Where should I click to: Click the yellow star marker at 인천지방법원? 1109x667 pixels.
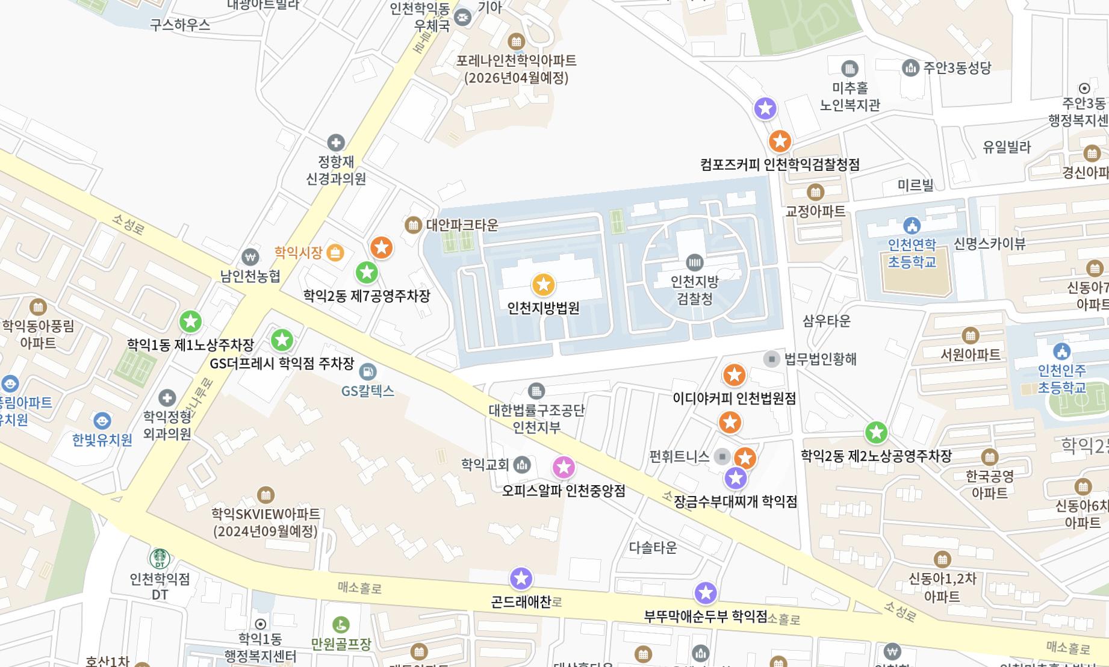[x=543, y=285]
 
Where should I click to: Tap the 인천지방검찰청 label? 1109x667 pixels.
[x=695, y=290]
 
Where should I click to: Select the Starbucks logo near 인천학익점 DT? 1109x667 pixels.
[x=160, y=558]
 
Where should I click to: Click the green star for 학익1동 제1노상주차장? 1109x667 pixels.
[x=191, y=321]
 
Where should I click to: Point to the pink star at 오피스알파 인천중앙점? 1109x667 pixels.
[x=564, y=467]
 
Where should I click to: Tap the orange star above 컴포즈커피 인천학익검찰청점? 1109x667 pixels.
[x=780, y=141]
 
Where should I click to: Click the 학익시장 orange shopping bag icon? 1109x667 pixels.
[x=335, y=253]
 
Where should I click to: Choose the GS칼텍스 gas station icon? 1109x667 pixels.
[x=367, y=371]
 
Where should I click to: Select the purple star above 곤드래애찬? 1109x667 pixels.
[x=521, y=579]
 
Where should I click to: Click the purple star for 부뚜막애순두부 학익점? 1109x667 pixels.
[x=706, y=593]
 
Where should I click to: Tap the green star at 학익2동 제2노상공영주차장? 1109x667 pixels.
[x=876, y=432]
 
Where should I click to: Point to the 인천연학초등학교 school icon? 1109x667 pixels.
[x=912, y=226]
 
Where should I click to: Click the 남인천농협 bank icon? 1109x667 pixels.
[x=250, y=258]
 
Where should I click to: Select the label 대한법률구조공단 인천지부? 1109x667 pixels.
[x=536, y=418]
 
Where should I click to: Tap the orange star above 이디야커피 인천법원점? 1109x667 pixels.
[x=734, y=375]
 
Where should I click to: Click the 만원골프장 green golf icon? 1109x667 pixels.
[x=341, y=625]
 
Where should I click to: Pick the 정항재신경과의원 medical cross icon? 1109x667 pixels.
[x=335, y=143]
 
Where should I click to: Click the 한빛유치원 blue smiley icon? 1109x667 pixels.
[x=102, y=420]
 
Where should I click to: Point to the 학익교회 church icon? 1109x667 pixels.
[x=522, y=464]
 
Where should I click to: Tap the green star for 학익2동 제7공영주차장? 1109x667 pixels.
[x=367, y=273]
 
